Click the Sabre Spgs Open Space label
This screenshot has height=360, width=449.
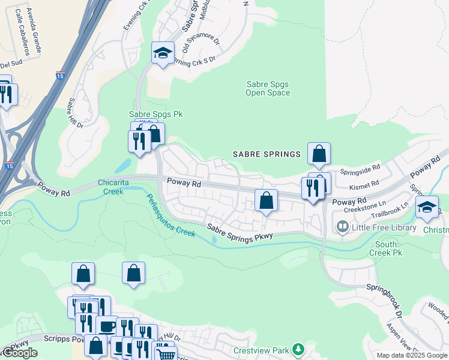pyautogui.click(x=268, y=89)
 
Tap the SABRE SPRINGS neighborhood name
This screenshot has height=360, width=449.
pyautogui.click(x=265, y=154)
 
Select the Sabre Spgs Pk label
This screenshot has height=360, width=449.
pyautogui.click(x=156, y=114)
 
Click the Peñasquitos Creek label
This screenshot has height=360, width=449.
pyautogui.click(x=170, y=214)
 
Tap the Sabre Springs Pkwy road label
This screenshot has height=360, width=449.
pyautogui.click(x=240, y=232)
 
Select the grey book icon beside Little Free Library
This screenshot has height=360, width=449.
pyautogui.click(x=343, y=227)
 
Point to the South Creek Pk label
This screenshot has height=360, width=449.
pyautogui.click(x=386, y=248)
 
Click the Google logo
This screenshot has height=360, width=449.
pyautogui.click(x=19, y=353)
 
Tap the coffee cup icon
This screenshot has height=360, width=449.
pyautogui.click(x=107, y=326)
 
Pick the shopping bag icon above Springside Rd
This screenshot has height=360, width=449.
pyautogui.click(x=319, y=154)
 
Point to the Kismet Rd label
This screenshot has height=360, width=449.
pyautogui.click(x=367, y=183)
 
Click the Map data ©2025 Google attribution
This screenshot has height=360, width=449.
pyautogui.click(x=412, y=355)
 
